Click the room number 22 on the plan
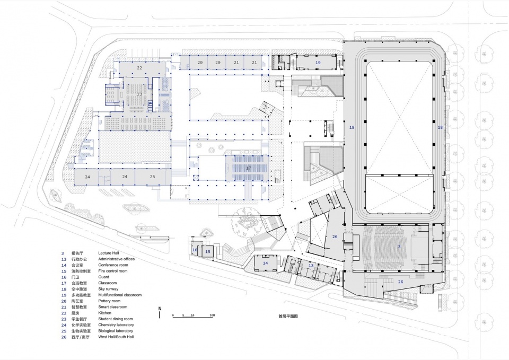[x=139, y=68]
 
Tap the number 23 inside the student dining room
[x=139, y=94]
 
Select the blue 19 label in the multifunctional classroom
[x=318, y=63]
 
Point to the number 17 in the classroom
[x=248, y=168]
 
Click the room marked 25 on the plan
[x=152, y=176]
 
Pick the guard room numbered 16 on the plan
[x=195, y=250]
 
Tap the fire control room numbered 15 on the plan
[x=208, y=251]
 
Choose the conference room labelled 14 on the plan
[x=265, y=263]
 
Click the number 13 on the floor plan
[x=311, y=266]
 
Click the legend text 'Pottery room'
[x=109, y=301]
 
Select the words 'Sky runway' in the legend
[x=109, y=289]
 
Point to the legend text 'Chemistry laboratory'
[x=116, y=324]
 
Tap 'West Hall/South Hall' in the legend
[x=117, y=337]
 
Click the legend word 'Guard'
[x=104, y=277]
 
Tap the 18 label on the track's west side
[x=352, y=128]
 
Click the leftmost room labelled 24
[x=87, y=176]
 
